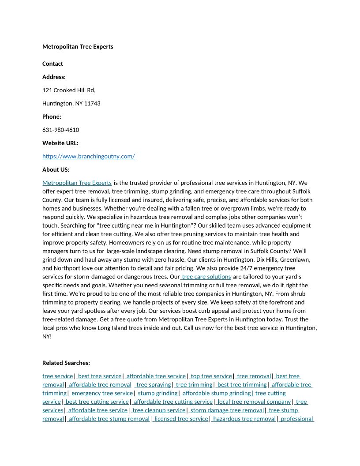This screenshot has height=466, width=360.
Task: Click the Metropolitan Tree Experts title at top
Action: [78, 46]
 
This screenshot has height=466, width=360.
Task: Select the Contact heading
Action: [52, 64]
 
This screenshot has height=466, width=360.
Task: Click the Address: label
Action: [54, 77]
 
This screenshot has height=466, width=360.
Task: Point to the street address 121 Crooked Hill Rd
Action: [69, 90]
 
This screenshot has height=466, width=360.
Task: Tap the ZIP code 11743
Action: [92, 103]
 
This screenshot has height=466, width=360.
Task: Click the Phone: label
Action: [52, 116]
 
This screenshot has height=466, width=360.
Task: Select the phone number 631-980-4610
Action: [61, 130]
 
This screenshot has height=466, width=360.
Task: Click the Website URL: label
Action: [60, 143]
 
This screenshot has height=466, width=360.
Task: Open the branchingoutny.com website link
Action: [89, 156]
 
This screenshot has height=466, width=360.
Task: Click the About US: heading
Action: [56, 169]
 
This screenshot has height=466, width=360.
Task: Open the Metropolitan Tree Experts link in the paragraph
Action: [77, 182]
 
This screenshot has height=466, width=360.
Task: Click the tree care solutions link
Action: [206, 277]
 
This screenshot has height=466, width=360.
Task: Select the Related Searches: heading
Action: [66, 363]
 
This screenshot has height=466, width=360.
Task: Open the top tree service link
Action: [211, 376]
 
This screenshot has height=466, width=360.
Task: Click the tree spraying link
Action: [153, 385]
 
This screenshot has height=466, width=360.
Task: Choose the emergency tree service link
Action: [101, 393]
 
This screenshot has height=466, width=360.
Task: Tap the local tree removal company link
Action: [254, 402]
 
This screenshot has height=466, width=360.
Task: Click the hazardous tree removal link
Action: [244, 419]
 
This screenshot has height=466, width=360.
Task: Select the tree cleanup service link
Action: [158, 410]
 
